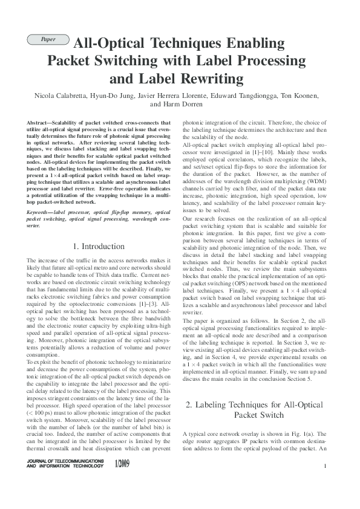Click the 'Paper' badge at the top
[x=48, y=40]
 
